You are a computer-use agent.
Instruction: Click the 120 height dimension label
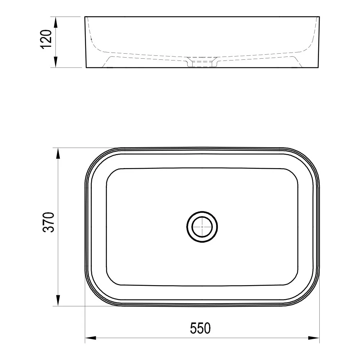(46, 39)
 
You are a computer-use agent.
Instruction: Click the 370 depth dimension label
(49, 222)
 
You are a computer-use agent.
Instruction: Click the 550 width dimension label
(200, 328)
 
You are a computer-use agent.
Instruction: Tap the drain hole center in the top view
(202, 226)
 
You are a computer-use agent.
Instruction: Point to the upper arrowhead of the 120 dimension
(55, 22)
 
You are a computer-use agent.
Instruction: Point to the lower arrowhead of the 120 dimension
(55, 62)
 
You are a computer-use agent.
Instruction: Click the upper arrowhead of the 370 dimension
(58, 154)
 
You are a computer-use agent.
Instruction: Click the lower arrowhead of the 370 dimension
(58, 301)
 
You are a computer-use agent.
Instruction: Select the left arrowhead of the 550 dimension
(91, 338)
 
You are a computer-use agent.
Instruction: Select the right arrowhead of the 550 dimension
(314, 338)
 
